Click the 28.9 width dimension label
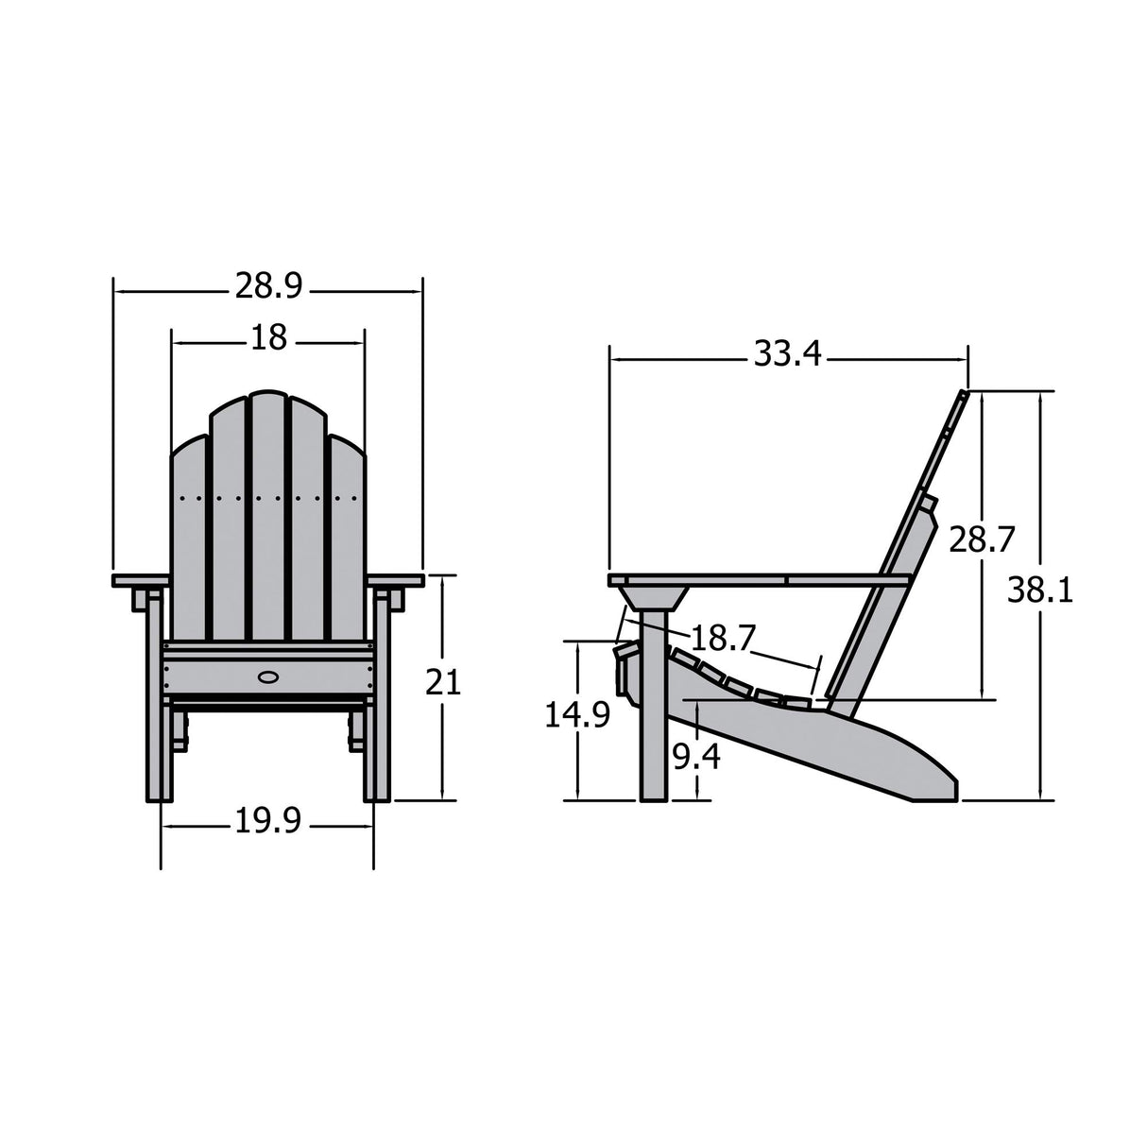(268, 286)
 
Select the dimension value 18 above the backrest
(268, 337)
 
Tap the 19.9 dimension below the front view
(267, 823)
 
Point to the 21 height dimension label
(442, 682)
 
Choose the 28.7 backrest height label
(982, 540)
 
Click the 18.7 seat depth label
(724, 638)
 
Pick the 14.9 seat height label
(576, 715)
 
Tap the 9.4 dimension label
(696, 756)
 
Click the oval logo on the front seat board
(268, 676)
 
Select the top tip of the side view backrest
(965, 394)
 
